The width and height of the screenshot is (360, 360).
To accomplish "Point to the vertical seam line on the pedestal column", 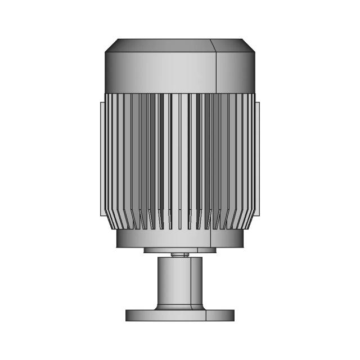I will click(x=191, y=281).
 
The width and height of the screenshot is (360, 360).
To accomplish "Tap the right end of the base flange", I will click(x=228, y=315).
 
